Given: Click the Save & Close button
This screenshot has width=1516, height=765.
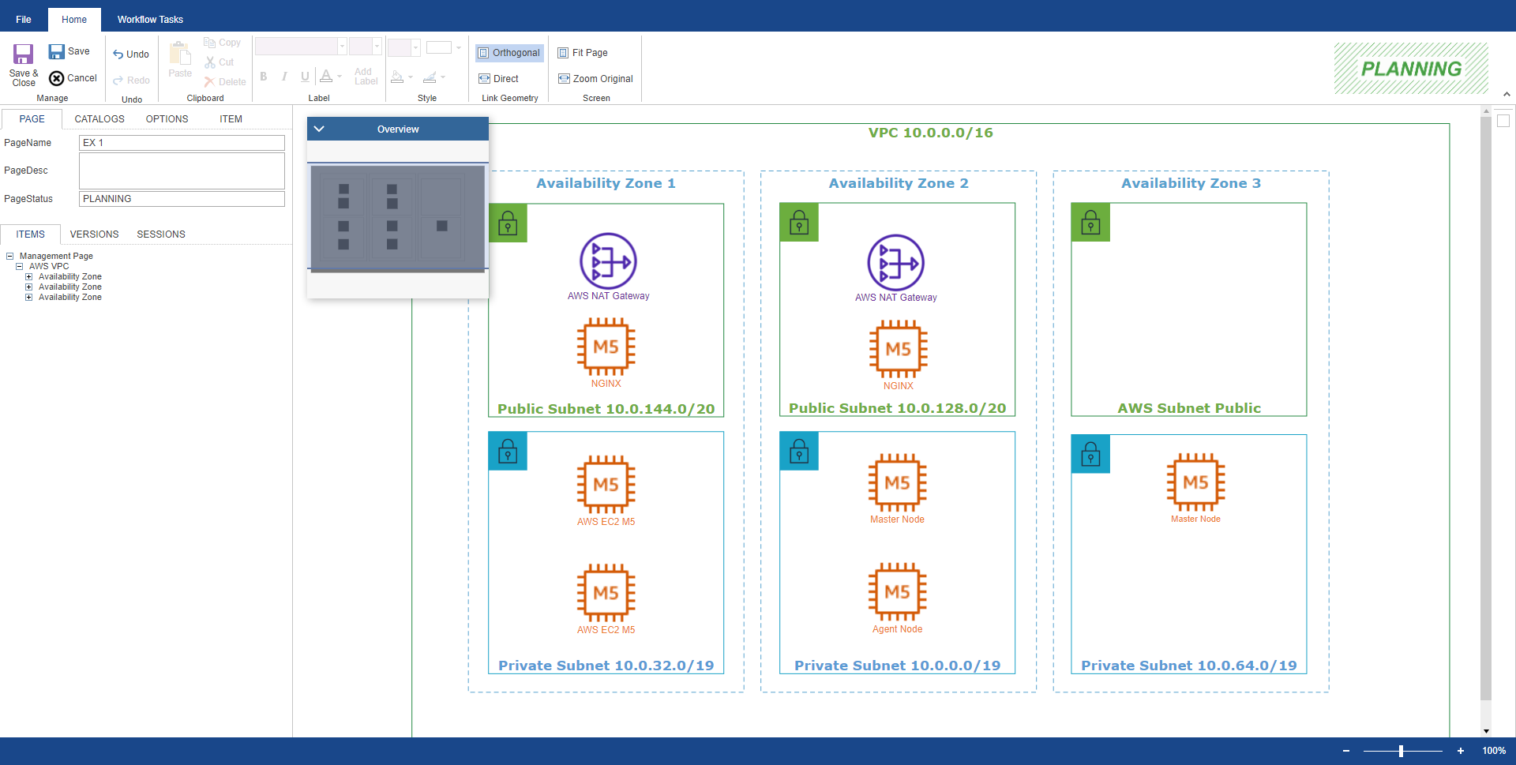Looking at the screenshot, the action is (23, 65).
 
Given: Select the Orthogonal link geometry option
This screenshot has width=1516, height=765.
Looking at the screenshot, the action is (509, 53).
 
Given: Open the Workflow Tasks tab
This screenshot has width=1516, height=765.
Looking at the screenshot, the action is (150, 20).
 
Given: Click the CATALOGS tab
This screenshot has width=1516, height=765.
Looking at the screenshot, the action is (99, 119).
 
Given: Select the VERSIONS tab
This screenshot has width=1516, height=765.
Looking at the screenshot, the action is (94, 234).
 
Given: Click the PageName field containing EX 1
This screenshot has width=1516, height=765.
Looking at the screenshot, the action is (182, 143).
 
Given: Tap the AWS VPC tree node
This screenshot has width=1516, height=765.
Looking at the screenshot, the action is (49, 266).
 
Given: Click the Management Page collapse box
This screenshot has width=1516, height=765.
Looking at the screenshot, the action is (10, 256).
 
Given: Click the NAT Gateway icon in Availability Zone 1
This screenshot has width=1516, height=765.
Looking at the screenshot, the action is (608, 261).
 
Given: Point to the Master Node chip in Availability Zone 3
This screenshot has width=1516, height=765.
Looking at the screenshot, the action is (1195, 482).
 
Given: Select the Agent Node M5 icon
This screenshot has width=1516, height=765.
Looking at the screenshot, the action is (897, 592).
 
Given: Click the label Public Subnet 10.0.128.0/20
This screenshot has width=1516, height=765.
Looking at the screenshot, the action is (897, 408).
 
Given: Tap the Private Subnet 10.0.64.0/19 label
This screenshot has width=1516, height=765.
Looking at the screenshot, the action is (1188, 666).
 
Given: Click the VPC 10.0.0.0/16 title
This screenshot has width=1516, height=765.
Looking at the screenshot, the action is (930, 133).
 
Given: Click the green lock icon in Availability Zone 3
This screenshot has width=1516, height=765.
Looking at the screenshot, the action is (1090, 223).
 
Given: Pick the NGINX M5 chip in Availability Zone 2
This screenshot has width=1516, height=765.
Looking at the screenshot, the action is (898, 349).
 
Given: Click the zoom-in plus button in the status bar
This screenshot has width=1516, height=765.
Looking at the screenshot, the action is (1461, 751).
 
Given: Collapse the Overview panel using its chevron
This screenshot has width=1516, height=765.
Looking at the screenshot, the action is (319, 129).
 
